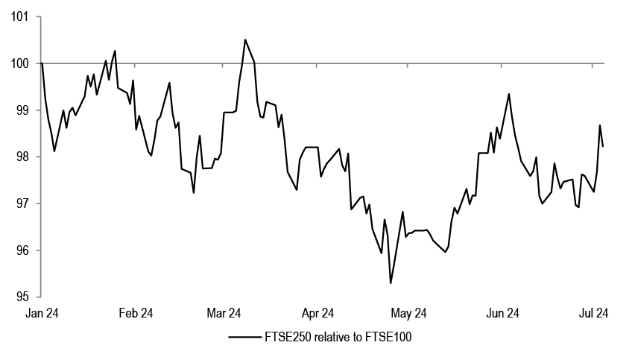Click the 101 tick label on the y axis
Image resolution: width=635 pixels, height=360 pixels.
pyautogui.click(x=20, y=16)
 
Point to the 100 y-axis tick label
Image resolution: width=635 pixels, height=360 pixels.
pyautogui.click(x=20, y=63)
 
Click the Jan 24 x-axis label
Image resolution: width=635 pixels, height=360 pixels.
pyautogui.click(x=42, y=313)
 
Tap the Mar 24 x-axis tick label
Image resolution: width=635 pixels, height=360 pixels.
pyautogui.click(x=224, y=313)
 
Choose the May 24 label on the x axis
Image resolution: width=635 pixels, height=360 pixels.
pyautogui.click(x=408, y=313)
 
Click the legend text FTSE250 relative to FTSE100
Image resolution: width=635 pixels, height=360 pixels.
pyautogui.click(x=340, y=338)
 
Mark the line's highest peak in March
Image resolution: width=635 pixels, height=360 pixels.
pyautogui.click(x=245, y=40)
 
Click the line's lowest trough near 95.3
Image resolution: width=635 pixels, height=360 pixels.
pyautogui.click(x=391, y=283)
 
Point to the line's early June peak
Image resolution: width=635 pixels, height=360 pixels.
pyautogui.click(x=508, y=94)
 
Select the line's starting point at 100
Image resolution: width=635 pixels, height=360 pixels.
pyautogui.click(x=42, y=63)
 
